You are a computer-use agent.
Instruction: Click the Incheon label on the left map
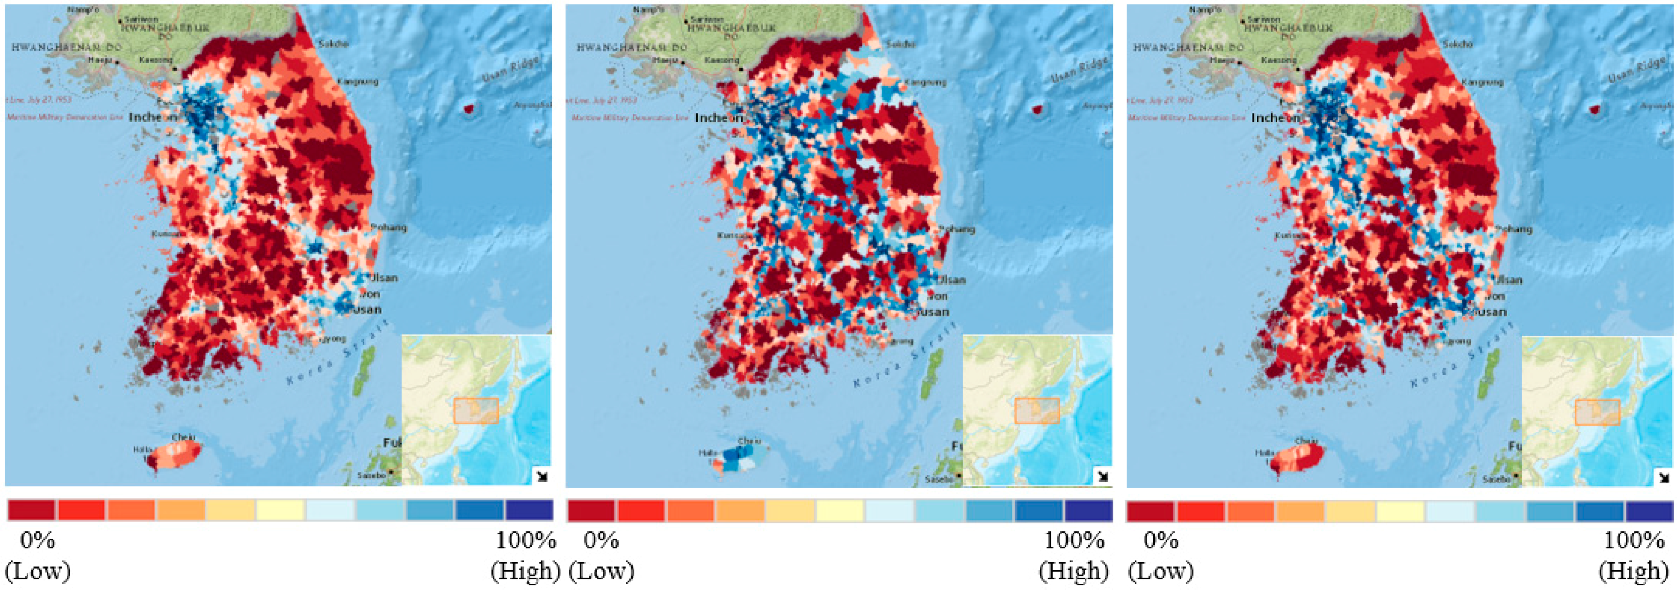pos(153,117)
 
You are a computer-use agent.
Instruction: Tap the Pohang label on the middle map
pos(956,229)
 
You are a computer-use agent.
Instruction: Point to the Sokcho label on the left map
pos(333,43)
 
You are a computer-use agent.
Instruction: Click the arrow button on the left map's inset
pos(541,476)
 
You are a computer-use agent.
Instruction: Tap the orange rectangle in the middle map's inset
pos(1037,411)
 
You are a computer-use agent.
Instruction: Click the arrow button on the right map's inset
pos(1663,477)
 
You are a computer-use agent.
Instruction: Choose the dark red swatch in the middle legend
pos(591,511)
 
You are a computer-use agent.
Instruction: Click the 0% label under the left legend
pos(37,540)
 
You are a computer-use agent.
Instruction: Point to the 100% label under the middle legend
pos(1074,540)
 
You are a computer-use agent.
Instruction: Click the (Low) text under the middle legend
pos(601,571)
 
